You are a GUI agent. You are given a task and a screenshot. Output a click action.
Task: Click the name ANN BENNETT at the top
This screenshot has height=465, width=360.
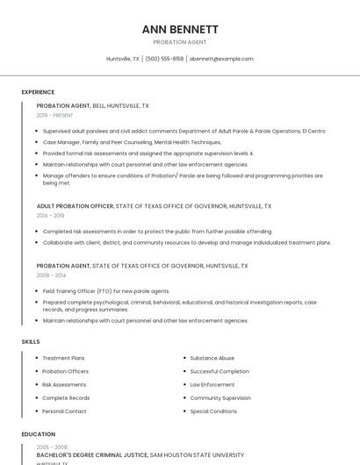pos(180,29)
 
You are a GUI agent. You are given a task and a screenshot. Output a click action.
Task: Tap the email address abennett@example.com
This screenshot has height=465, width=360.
pos(221,59)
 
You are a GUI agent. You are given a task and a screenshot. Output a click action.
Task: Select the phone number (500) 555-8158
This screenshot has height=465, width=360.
pos(164,59)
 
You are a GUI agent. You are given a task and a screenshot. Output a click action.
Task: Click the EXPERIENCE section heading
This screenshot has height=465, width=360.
pos(38,92)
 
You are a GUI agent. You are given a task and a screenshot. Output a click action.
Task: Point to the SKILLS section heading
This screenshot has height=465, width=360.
pos(31,341)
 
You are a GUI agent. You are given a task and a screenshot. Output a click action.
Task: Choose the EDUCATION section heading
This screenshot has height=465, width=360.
pos(38,434)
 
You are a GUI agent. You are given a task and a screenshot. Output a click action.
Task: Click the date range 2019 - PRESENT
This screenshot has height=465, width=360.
pos(55,115)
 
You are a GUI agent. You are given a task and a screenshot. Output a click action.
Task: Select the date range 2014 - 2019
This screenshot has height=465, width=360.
pos(50,215)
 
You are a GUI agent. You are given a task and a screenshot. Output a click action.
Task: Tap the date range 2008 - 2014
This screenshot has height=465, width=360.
pos(50,275)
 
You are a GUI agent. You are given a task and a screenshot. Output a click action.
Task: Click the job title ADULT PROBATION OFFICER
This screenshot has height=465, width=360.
pos(75,206)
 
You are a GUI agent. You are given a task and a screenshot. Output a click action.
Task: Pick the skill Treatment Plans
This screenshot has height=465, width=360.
pos(63,358)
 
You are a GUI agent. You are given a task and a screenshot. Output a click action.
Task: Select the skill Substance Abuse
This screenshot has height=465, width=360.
pos(212,358)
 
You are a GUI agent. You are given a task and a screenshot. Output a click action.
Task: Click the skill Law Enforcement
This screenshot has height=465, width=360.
pos(212,384)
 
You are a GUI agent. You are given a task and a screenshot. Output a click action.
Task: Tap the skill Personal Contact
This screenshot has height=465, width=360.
pos(64,411)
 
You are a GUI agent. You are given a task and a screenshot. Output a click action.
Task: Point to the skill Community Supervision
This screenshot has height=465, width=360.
pos(220,398)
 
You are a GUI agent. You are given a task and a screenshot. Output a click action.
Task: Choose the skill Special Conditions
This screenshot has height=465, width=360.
pos(213,411)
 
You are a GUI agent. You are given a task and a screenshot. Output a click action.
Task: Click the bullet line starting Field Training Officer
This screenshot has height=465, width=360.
pos(106,291)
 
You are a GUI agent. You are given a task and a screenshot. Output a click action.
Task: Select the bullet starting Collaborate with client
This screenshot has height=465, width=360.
pos(186,243)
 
